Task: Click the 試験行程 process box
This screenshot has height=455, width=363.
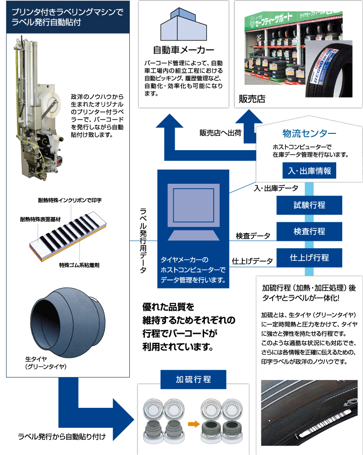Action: (x=309, y=205)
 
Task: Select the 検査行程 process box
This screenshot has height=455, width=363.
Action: (x=309, y=231)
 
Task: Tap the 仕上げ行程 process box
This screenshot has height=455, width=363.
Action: (x=309, y=258)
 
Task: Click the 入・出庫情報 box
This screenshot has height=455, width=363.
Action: (x=309, y=171)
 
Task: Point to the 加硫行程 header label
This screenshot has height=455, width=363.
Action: (x=193, y=379)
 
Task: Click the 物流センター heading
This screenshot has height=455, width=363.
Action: (x=309, y=134)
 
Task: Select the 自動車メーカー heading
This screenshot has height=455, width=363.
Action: (x=183, y=49)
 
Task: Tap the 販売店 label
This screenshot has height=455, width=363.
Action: (x=252, y=99)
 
